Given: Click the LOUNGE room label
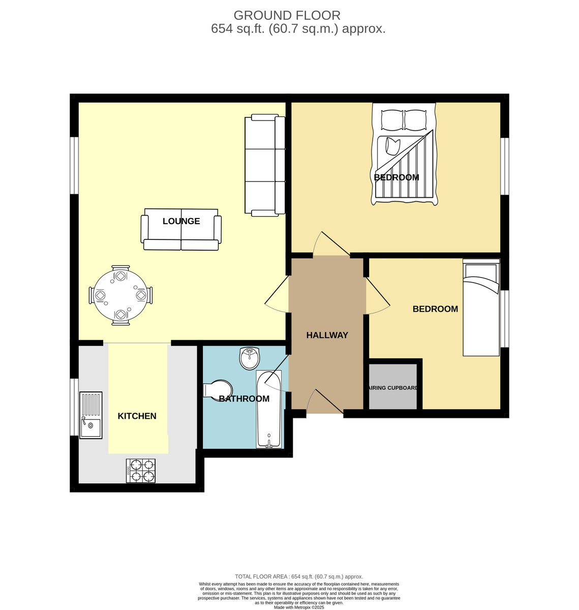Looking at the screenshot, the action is tap(181, 221).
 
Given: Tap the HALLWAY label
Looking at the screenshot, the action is tap(327, 335).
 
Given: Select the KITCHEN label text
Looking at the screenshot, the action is tap(137, 416).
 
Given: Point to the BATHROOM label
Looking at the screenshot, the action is tap(244, 399).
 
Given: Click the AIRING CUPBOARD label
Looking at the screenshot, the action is tap(393, 388).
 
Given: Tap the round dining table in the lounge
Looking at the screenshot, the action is tap(120, 295).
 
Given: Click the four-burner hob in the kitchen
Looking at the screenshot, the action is tap(141, 471).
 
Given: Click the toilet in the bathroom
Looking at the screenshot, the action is tap(218, 390).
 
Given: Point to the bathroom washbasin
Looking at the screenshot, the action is tap(250, 358).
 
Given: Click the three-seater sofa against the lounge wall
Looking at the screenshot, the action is tap(265, 165).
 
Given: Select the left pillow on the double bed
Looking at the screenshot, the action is tap(392, 120).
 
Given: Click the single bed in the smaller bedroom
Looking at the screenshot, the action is tap(481, 308).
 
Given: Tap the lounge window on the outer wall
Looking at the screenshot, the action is tap(74, 166).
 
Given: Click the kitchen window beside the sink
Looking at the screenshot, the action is tap(74, 407).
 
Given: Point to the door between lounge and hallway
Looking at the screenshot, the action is tap(277, 294).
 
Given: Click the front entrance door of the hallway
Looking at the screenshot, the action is tap(324, 401).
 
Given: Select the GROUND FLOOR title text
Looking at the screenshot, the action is tap(287, 15).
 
